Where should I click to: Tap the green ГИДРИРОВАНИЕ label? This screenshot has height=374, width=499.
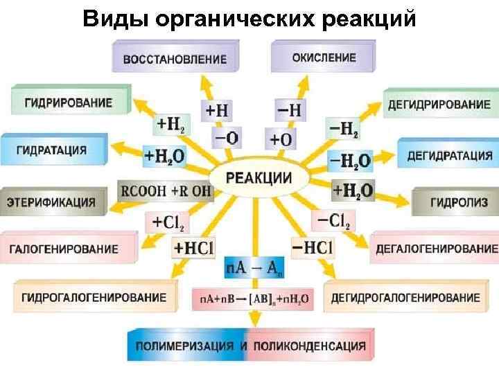[69, 102]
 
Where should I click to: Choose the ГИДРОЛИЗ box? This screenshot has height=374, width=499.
[454, 202]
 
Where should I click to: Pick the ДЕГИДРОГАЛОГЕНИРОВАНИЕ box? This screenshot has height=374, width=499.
[405, 298]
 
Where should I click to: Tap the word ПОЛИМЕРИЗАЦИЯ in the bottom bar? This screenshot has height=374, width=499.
[184, 346]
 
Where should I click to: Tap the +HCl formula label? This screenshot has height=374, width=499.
[194, 247]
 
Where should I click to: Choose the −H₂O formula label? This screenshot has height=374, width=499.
[349, 161]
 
